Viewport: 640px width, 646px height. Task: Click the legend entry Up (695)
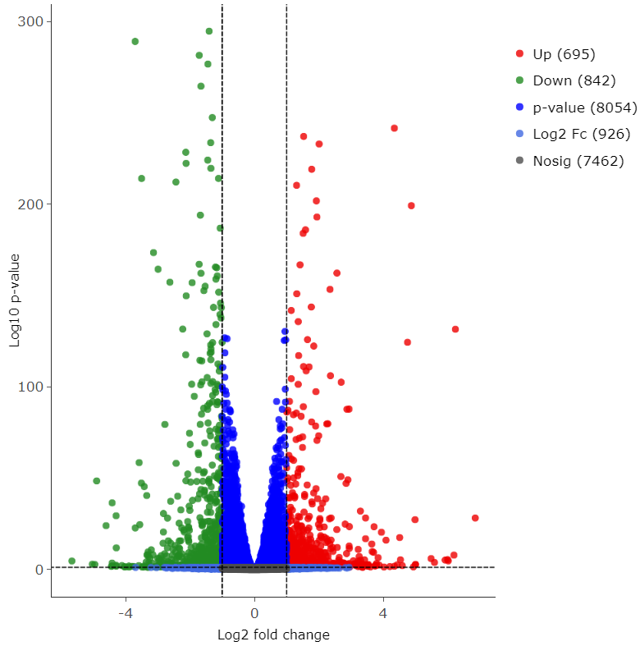coord(564,54)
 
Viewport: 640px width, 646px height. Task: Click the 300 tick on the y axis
coord(31,21)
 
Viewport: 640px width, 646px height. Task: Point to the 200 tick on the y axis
coord(31,204)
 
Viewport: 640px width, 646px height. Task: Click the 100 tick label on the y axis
coord(31,387)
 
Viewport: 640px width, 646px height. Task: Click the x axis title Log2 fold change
coord(273,635)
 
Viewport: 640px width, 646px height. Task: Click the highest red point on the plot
coord(394,128)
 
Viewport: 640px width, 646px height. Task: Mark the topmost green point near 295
coord(209,31)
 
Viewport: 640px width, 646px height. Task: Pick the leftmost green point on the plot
coord(71,561)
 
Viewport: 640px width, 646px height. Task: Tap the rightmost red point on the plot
coord(475,518)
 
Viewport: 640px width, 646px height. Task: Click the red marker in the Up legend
coord(519,54)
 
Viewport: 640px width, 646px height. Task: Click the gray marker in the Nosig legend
coord(519,161)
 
